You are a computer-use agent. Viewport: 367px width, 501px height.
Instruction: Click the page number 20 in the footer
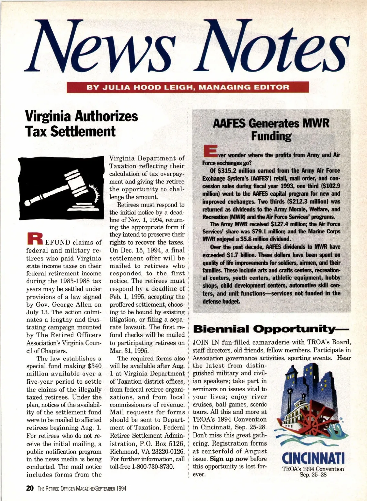[30, 488]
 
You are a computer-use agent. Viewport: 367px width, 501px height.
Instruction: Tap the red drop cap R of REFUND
[34, 238]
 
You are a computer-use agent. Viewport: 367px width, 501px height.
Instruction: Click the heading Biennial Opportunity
[271, 329]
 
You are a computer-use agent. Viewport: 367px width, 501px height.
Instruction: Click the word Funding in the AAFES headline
[271, 136]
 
